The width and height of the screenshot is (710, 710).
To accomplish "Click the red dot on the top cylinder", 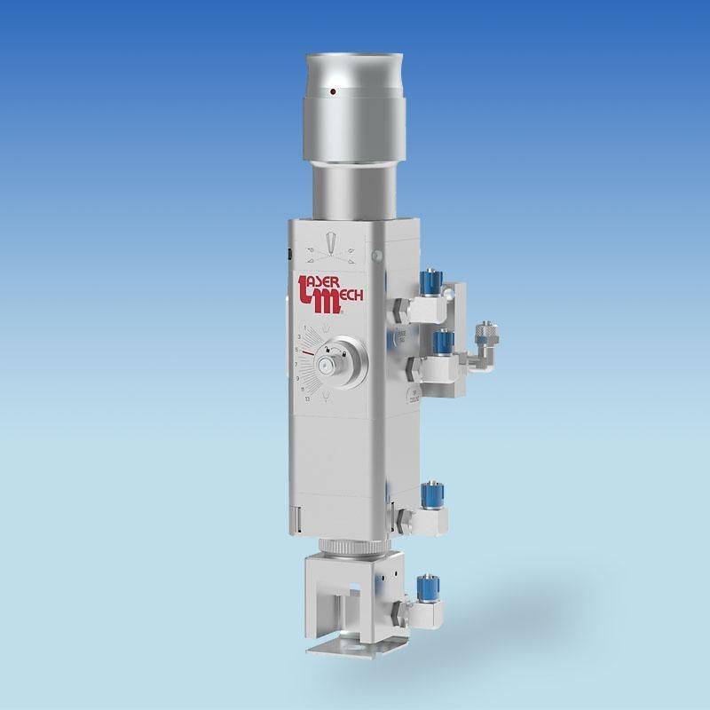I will (x=332, y=91).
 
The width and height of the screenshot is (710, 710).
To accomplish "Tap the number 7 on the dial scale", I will (x=296, y=365).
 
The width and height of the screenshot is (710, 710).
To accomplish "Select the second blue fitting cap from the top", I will (x=438, y=339).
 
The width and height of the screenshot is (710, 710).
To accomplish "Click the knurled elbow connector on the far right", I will (x=485, y=335).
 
